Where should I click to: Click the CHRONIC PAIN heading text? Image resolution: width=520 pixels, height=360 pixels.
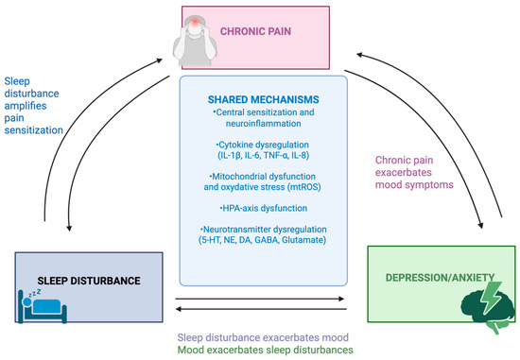pos(255,31)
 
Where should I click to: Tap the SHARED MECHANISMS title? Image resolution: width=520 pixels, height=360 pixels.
pos(264,99)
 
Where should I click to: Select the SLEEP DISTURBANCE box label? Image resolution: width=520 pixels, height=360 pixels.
pos(89,281)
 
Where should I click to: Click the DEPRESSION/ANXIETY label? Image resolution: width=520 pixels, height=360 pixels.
pos(440,278)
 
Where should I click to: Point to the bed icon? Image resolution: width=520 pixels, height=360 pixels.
pos(43,307)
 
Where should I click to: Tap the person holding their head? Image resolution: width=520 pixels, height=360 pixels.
pos(195,41)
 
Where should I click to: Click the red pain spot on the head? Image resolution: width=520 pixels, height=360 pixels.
pos(196,23)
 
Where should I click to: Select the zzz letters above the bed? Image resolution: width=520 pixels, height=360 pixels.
pos(34,293)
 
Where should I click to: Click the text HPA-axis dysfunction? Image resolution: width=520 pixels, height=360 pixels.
pos(264,208)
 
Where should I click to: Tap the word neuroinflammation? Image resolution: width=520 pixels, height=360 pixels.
pos(264,124)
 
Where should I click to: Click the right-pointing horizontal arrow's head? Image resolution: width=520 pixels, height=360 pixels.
pos(341,299)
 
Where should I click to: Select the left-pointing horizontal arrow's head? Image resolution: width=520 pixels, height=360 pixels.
pos(179,309)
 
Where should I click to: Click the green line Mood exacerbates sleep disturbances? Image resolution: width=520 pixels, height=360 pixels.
pos(265,350)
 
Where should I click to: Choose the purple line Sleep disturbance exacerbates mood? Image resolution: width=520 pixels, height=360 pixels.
pos(263,337)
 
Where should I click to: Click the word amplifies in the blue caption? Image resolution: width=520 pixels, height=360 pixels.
pos(26,106)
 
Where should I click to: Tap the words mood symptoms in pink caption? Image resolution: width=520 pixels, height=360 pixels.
pos(414,184)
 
